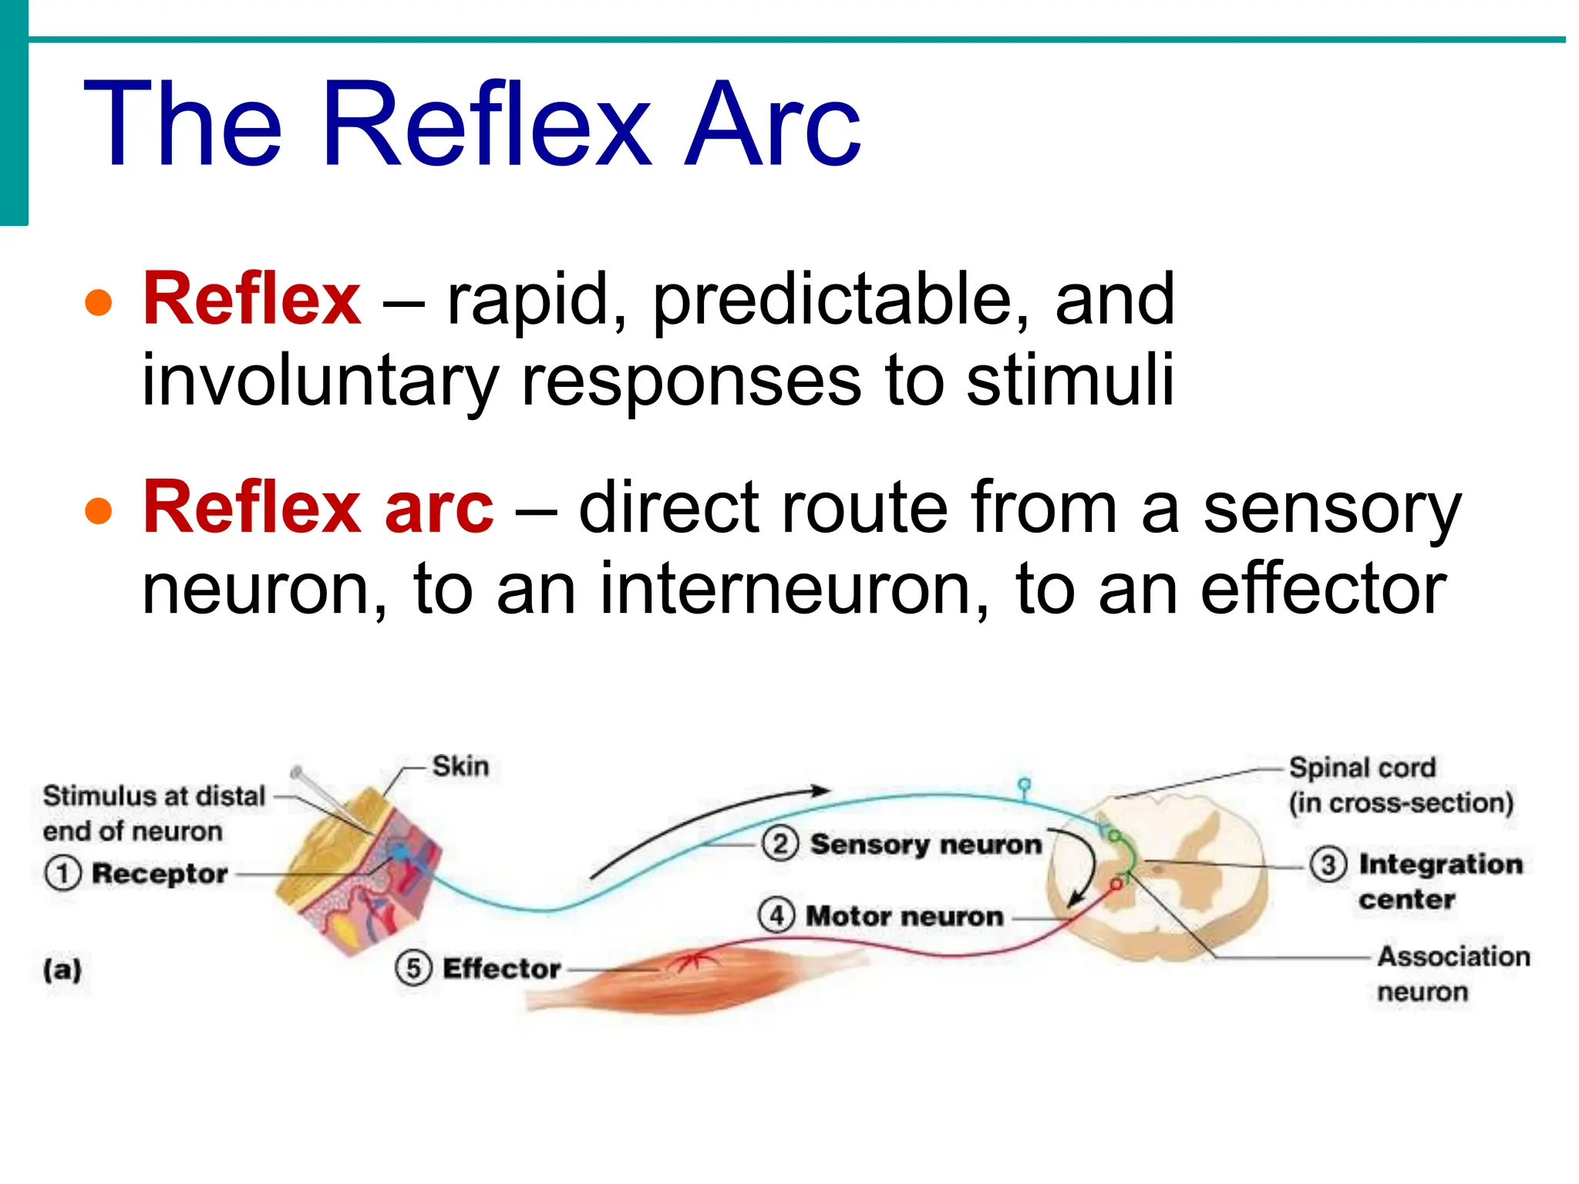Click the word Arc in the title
coord(773,125)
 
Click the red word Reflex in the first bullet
coord(251,299)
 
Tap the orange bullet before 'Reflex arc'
coord(99,510)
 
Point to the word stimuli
coord(1070,379)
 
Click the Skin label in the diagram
coord(460,766)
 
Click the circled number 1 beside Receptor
coord(62,874)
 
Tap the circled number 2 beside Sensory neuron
coord(779,844)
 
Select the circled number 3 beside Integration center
coord(1328,864)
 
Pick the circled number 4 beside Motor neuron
coord(776,916)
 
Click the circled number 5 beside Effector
coord(413,968)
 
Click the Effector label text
coord(501,968)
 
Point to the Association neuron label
coord(1453,974)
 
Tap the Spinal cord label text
coord(1362,768)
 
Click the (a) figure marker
coord(62,969)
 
